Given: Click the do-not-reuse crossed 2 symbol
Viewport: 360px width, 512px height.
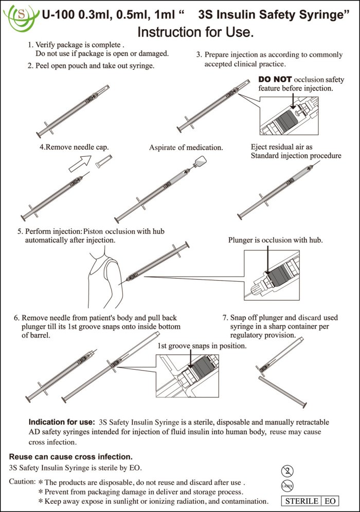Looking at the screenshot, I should [287, 470].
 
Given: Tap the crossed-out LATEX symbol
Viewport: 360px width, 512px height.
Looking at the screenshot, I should [287, 485].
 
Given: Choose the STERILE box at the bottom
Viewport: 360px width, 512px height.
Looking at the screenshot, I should [301, 501].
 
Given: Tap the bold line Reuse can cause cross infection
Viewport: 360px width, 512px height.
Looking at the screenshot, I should [71, 456].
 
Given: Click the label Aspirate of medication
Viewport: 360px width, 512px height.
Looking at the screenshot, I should [186, 148].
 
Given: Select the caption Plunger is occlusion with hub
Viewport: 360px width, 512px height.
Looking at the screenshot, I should [275, 240].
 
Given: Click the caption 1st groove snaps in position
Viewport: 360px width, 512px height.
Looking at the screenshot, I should [202, 346].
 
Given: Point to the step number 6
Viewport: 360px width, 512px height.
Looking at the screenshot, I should [16, 318].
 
